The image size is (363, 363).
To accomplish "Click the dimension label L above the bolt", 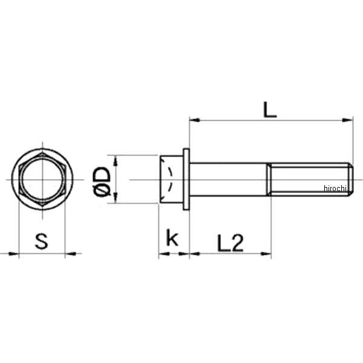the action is pyautogui.click(x=270, y=110).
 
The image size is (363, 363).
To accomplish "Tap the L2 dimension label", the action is pyautogui.click(x=231, y=243).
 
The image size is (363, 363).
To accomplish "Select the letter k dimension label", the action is pyautogui.click(x=172, y=237).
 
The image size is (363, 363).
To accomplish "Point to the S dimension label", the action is pyautogui.click(x=41, y=241).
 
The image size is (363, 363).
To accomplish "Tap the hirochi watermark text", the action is pyautogui.click(x=335, y=188).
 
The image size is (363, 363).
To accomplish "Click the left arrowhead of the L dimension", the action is pyautogui.click(x=194, y=120).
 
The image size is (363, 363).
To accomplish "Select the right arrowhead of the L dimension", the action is pyautogui.click(x=348, y=120).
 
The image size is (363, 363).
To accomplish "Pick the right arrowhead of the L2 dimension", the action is pyautogui.click(x=266, y=253).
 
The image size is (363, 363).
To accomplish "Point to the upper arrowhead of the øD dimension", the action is pyautogui.click(x=116, y=161).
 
